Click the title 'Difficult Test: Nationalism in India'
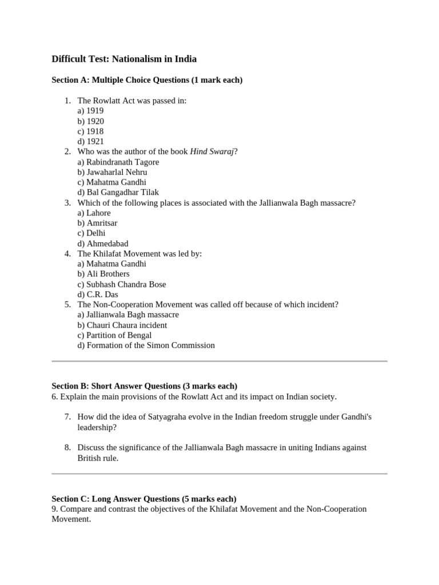pyautogui.click(x=124, y=59)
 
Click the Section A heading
pyautogui.click(x=147, y=80)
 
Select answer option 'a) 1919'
pyautogui.click(x=90, y=111)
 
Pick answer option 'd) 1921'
pyautogui.click(x=90, y=141)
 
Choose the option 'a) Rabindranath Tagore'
pyautogui.click(x=118, y=162)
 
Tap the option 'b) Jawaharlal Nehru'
pyautogui.click(x=112, y=172)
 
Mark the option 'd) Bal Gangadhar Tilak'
pyautogui.click(x=118, y=193)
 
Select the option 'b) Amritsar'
pyautogui.click(x=97, y=223)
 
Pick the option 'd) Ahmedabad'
pyautogui.click(x=103, y=243)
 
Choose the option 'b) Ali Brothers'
pyautogui.click(x=103, y=274)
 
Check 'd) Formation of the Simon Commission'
pyautogui.click(x=146, y=345)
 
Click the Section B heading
pyautogui.click(x=144, y=386)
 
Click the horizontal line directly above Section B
pyautogui.click(x=219, y=361)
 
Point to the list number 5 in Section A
pyautogui.click(x=67, y=304)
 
